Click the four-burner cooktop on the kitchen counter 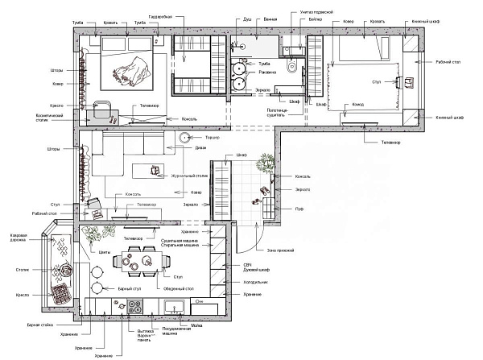(134, 307)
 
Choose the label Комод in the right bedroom (357, 105)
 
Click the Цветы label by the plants (104, 251)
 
